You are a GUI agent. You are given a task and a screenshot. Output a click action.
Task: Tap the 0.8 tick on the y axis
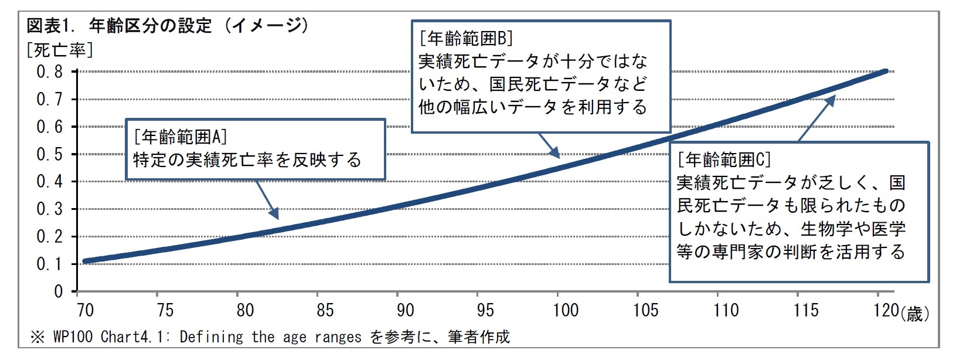(x=50, y=72)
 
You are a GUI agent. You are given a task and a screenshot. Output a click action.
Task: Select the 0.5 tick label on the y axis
(x=50, y=155)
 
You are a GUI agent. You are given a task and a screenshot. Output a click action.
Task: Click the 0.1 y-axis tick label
(x=50, y=264)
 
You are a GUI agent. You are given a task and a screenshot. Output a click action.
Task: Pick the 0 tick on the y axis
(x=58, y=292)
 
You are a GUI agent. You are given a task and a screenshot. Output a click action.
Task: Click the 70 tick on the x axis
(x=85, y=310)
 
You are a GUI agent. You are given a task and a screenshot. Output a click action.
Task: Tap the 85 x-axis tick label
(x=325, y=310)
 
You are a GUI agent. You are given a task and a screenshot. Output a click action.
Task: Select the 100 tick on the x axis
(x=566, y=310)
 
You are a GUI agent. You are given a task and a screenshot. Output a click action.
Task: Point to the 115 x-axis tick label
(x=806, y=310)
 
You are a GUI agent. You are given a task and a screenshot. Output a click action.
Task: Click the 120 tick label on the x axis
(x=886, y=310)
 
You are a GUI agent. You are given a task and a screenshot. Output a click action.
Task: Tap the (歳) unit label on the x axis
(x=915, y=314)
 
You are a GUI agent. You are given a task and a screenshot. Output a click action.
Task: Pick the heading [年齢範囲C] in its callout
(x=724, y=159)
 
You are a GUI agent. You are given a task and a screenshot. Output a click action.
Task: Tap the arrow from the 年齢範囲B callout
(x=549, y=145)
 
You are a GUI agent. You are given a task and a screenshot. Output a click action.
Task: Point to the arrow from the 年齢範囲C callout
(x=816, y=119)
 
